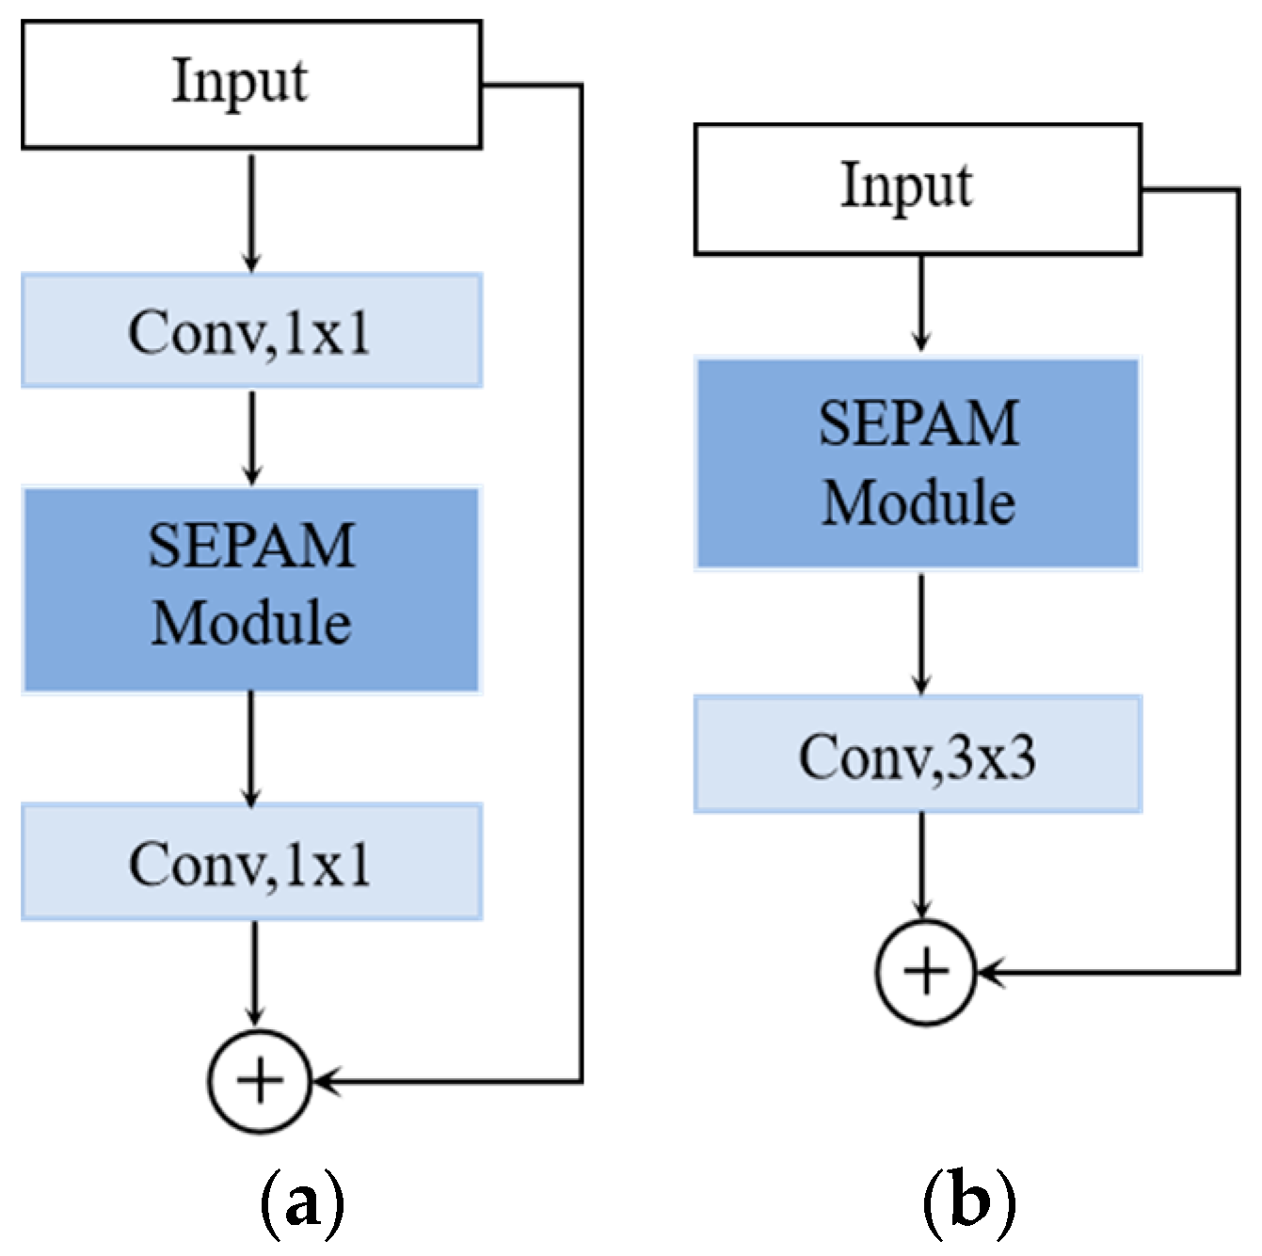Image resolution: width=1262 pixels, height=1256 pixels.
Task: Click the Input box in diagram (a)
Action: tap(251, 85)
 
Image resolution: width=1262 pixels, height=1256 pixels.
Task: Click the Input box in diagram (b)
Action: tap(918, 189)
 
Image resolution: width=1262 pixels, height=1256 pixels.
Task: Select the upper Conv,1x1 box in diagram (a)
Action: tap(251, 331)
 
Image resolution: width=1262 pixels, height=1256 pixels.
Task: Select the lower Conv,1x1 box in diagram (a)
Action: tap(251, 862)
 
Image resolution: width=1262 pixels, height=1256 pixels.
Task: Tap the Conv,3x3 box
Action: tap(918, 755)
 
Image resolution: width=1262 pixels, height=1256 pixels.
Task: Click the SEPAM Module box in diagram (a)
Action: tap(251, 590)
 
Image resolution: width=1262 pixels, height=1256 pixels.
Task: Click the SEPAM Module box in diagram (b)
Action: tap(918, 464)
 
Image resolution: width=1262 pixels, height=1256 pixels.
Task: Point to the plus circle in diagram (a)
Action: tap(260, 1081)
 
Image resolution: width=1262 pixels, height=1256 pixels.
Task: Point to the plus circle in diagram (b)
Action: tap(926, 971)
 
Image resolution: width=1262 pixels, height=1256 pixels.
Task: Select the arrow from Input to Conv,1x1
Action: tap(251, 212)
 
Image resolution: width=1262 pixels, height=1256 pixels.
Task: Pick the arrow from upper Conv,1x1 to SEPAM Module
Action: tap(251, 437)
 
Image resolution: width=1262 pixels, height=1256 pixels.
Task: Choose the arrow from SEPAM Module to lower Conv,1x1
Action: tap(251, 749)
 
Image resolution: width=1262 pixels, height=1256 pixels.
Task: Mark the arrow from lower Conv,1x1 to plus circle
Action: tap(253, 974)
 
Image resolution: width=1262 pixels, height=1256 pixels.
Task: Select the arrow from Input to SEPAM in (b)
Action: tap(922, 304)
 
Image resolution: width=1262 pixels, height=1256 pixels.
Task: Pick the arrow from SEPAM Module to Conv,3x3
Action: tap(922, 633)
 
